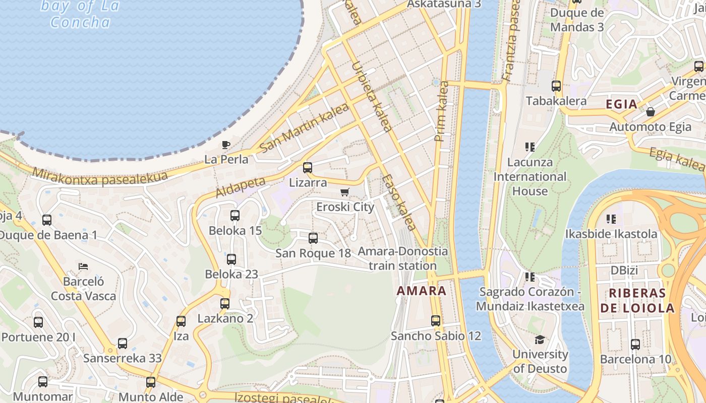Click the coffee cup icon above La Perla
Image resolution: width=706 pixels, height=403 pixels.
tap(226, 145)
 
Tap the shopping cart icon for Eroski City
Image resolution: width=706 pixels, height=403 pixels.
tap(345, 192)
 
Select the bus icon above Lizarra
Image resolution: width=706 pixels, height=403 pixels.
tap(307, 168)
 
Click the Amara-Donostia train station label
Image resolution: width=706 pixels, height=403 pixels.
tap(402, 258)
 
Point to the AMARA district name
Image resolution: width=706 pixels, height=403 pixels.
tap(422, 291)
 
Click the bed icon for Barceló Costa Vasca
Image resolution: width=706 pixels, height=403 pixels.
tap(83, 266)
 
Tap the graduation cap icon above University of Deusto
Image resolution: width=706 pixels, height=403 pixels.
tap(540, 340)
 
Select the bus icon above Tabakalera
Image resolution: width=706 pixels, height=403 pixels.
tap(556, 86)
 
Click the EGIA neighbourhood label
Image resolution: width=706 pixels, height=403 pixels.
tap(621, 104)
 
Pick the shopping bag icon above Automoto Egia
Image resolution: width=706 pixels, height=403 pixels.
tap(650, 112)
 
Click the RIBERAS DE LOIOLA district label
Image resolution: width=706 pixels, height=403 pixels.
tap(637, 301)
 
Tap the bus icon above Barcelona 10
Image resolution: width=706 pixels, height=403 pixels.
tap(635, 345)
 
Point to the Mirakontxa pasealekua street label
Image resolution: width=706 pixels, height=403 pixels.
tap(99, 176)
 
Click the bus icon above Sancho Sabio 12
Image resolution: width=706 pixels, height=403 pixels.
tap(436, 321)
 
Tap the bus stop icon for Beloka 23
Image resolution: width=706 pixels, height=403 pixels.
tap(231, 259)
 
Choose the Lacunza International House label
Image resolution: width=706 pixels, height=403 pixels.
tap(529, 177)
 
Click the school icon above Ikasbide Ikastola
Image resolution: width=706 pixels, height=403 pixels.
tap(611, 219)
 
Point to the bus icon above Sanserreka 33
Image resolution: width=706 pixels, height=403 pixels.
tap(123, 344)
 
